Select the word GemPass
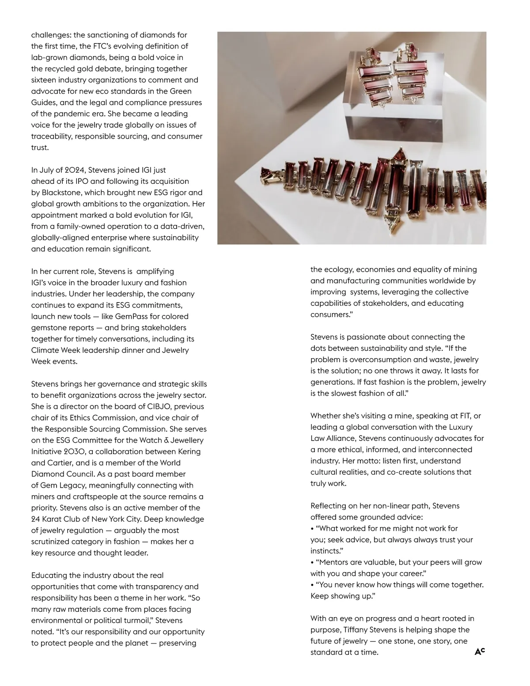pyautogui.click(x=133, y=316)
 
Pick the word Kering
pyautogui.click(x=187, y=451)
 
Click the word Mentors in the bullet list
pyautogui.click(x=334, y=562)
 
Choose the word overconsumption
pyautogui.click(x=372, y=360)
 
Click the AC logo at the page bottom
pyautogui.click(x=480, y=652)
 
